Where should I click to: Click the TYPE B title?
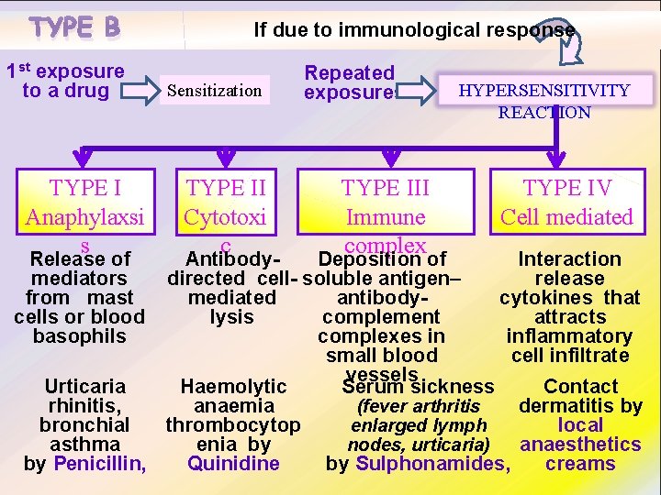pyautogui.click(x=74, y=27)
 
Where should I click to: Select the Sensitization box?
pyautogui.click(x=215, y=91)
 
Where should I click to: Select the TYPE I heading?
pyautogui.click(x=85, y=188)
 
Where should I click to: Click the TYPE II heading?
pyautogui.click(x=226, y=188)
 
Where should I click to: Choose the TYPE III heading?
pyautogui.click(x=386, y=188)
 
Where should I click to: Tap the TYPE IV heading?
pyautogui.click(x=566, y=188)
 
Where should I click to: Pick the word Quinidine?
pyautogui.click(x=233, y=463)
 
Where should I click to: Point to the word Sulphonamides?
pyautogui.click(x=431, y=463)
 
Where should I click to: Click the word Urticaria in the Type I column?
pyautogui.click(x=84, y=386)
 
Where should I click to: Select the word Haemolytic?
pyautogui.click(x=233, y=387)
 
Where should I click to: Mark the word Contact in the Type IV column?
pyautogui.click(x=581, y=386)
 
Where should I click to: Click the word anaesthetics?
pyautogui.click(x=580, y=445)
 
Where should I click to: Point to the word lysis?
pyautogui.click(x=231, y=317)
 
